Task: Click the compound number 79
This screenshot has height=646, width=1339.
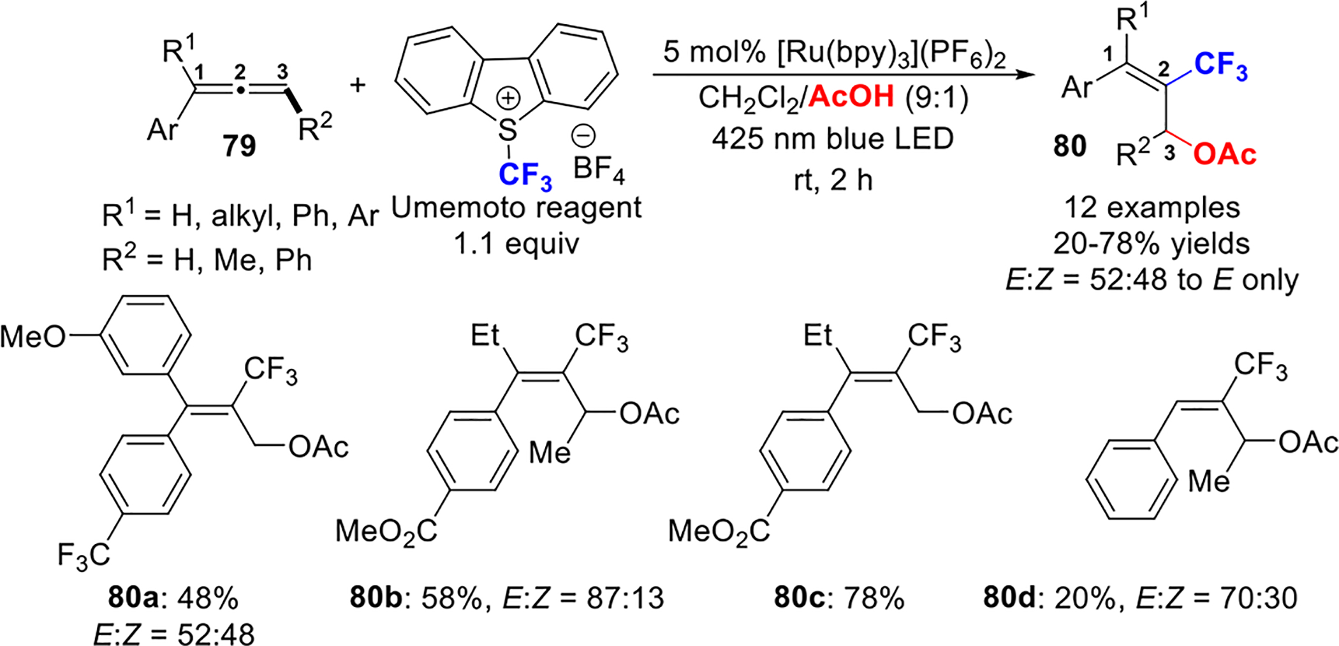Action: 239,146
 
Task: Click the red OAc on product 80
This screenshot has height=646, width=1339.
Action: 1224,154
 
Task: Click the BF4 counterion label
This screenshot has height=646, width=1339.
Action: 599,169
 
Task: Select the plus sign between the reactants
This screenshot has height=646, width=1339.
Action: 358,84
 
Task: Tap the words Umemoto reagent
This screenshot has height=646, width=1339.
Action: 516,209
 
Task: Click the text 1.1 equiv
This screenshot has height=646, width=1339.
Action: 516,244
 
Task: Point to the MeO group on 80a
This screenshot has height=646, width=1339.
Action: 33,336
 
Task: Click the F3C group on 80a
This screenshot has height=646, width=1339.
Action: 84,555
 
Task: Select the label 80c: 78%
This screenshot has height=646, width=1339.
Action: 839,598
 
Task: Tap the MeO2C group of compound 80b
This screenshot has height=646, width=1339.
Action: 386,531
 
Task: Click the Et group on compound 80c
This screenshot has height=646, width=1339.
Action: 818,335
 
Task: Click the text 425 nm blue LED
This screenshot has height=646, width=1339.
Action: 833,138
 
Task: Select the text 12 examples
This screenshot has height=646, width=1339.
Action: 1152,207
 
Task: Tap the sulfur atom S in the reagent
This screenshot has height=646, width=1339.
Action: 508,131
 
